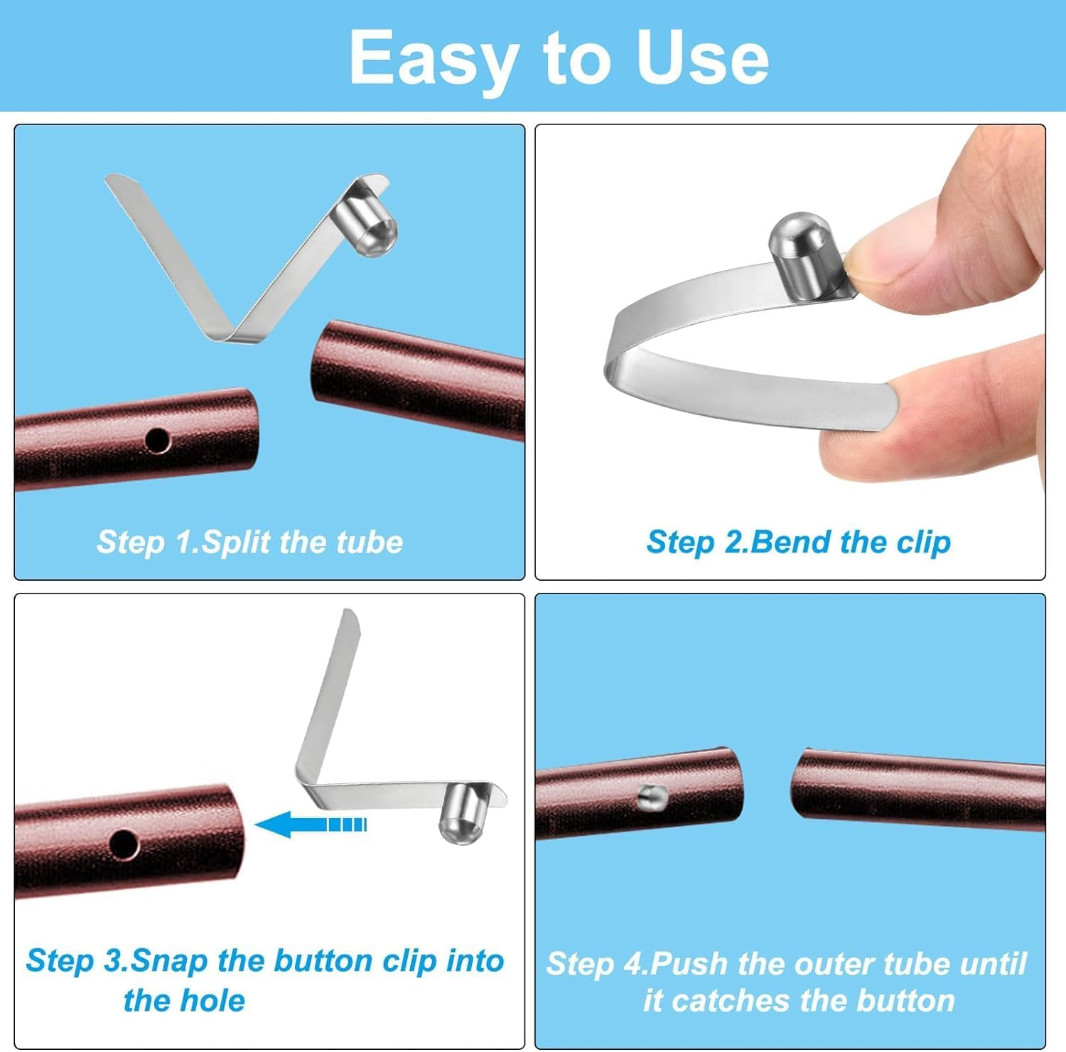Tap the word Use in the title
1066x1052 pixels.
click(703, 58)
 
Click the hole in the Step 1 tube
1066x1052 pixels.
click(157, 441)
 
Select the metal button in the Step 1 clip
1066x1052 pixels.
click(366, 225)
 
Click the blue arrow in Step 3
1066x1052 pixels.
click(310, 825)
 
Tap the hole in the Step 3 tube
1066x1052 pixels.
click(124, 844)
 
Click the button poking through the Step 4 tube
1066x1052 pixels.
click(650, 798)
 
